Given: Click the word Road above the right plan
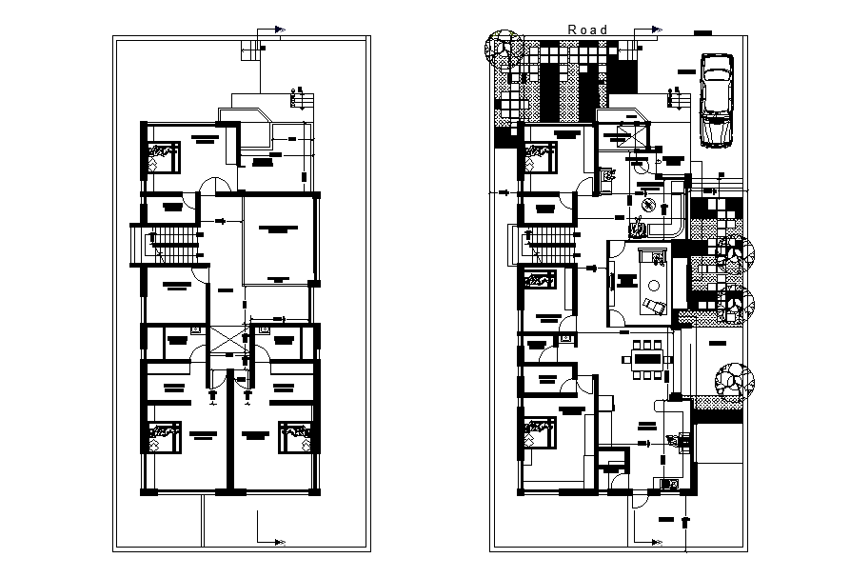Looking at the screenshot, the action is tap(587, 30).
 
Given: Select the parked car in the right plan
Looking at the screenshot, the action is tap(715, 100).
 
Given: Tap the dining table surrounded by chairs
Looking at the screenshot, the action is tap(647, 360).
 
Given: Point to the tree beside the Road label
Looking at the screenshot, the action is tap(503, 50).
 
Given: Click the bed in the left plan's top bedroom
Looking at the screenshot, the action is tap(163, 156).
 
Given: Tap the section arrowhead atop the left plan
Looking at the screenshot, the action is tap(280, 30).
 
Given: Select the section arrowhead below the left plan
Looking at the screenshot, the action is tap(280, 543).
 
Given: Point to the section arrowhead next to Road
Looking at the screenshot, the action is tap(657, 30).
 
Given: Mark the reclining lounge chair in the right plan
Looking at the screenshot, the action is tap(656, 305).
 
